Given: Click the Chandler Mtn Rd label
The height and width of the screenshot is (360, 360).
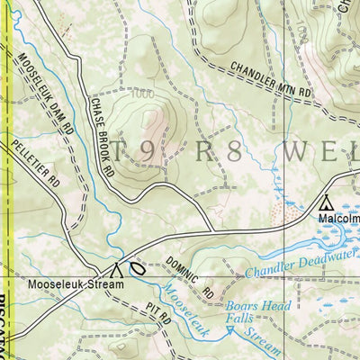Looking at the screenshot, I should pyautogui.click(x=269, y=80).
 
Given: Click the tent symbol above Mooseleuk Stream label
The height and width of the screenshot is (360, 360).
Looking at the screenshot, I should pyautogui.click(x=117, y=268).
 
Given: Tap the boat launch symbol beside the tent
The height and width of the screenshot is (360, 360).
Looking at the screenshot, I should pyautogui.click(x=137, y=268).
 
